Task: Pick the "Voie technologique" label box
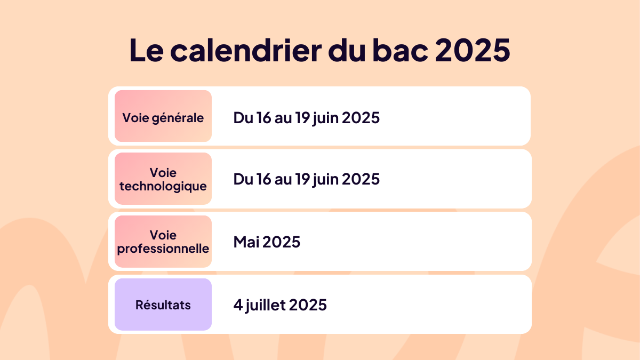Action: [x=163, y=179]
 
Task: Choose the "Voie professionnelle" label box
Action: [x=163, y=242]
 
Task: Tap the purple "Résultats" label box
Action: [x=163, y=305]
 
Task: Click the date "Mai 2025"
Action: [x=267, y=242]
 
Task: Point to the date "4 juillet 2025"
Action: [x=280, y=305]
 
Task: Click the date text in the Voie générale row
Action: [x=306, y=117]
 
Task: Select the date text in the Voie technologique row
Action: [x=306, y=179]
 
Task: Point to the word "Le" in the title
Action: [x=146, y=50]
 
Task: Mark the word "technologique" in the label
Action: [x=163, y=186]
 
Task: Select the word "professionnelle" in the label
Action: [x=163, y=249]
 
